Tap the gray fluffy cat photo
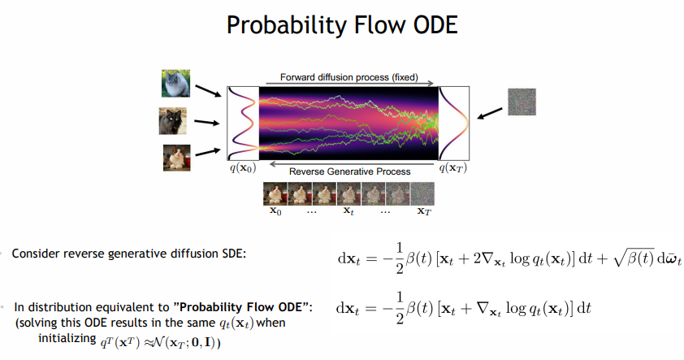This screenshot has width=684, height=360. (175, 83)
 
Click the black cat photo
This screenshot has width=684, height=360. (173, 121)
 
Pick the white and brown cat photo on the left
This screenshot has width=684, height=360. (176, 158)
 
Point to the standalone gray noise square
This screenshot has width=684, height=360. (522, 102)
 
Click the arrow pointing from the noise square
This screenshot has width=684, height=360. (490, 114)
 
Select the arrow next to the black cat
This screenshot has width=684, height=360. (207, 123)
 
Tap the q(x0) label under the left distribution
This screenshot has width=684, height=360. (243, 168)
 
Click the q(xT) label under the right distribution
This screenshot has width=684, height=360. (452, 168)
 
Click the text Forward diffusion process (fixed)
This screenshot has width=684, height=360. (349, 77)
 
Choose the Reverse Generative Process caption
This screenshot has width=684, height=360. (350, 171)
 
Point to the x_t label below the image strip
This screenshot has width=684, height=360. (348, 210)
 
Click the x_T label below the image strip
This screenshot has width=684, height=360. (424, 210)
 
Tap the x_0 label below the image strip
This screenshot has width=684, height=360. (275, 210)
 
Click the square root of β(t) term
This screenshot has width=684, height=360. (634, 258)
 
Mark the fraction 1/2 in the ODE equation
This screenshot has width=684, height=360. (400, 308)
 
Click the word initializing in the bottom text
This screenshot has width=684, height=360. (67, 339)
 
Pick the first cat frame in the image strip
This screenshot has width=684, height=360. (275, 193)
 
